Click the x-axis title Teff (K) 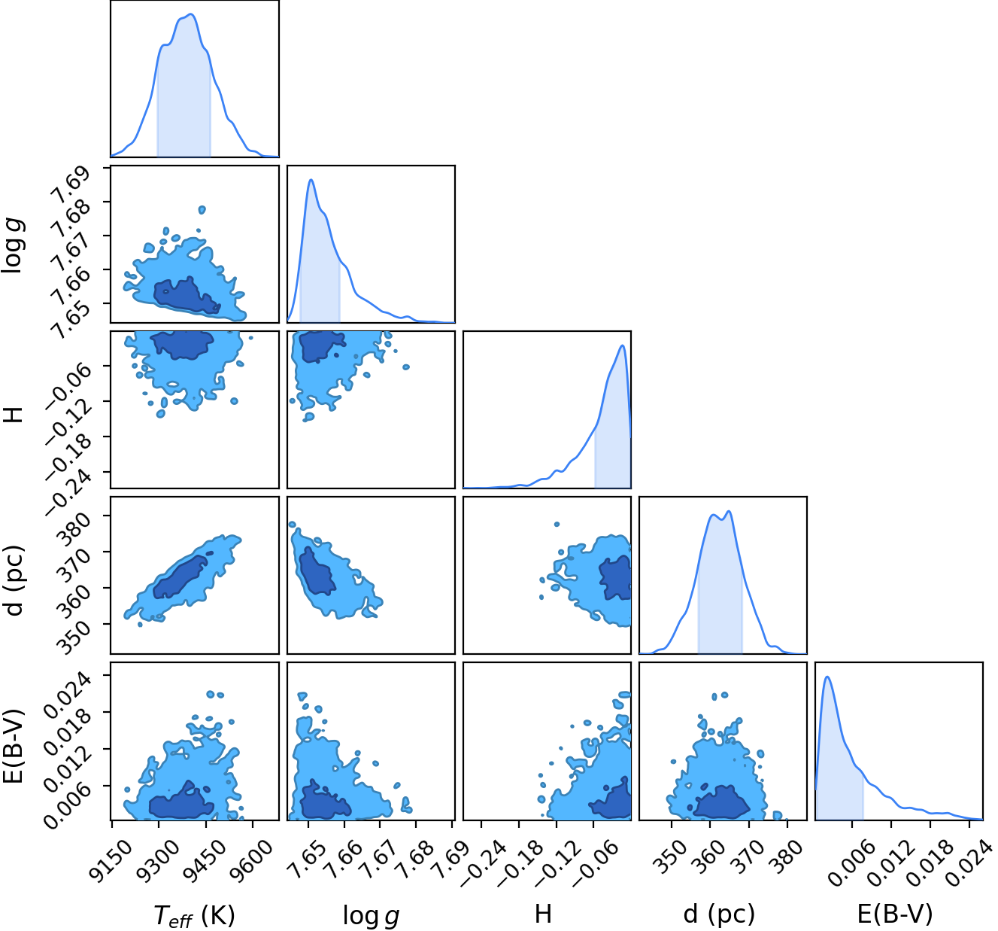tap(194, 914)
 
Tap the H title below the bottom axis tap(543, 914)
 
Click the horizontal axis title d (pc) tap(719, 914)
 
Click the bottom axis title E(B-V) tap(894, 914)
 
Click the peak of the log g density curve tap(311, 180)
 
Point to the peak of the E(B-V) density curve tap(827, 677)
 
